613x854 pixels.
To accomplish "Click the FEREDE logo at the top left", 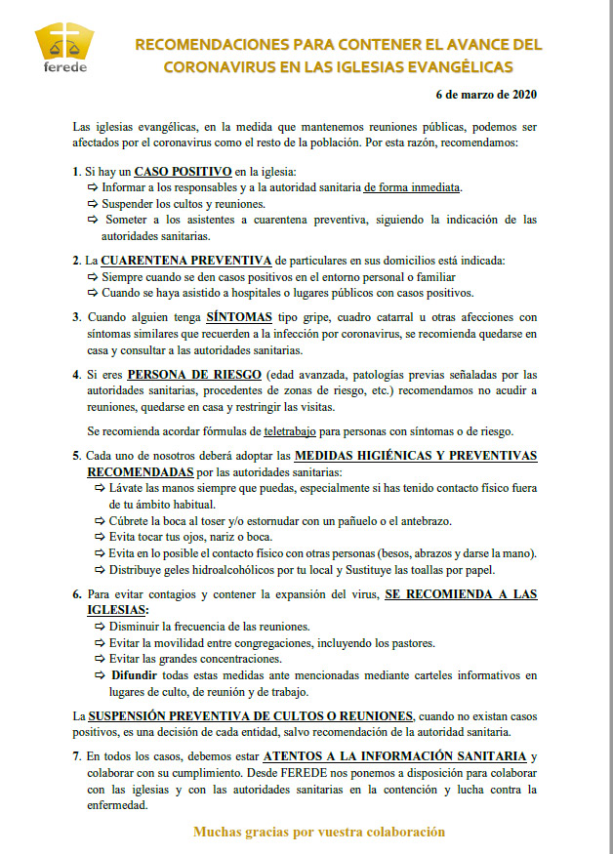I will pos(65,48).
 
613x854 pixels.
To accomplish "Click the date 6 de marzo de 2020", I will pos(485,96).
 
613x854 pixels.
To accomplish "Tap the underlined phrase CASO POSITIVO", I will pos(183,172).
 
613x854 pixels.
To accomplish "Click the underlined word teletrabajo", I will pos(297,430).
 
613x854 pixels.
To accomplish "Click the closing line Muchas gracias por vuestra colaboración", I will pos(319,832).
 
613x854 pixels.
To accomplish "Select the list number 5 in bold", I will pos(76,456).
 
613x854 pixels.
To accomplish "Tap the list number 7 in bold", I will pos(76,756).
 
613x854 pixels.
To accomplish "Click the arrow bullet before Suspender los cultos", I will pos(93,205).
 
